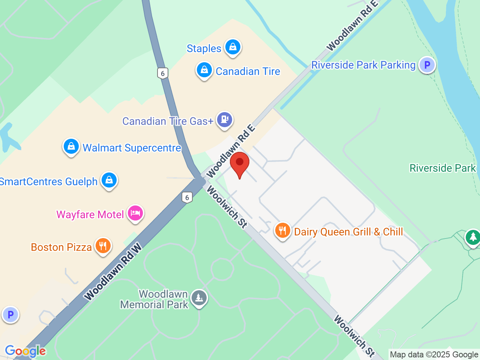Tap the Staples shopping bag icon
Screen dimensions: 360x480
click(233, 48)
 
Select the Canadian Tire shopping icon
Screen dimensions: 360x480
click(204, 70)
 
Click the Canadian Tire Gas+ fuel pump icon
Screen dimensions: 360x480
click(225, 120)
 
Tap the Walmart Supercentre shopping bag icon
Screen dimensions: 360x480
click(71, 147)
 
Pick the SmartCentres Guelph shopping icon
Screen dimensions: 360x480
click(109, 180)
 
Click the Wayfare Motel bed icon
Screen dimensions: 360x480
click(135, 214)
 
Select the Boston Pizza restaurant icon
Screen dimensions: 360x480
click(103, 246)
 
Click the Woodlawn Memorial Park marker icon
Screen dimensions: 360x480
click(199, 298)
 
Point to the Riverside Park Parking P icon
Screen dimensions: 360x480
click(427, 65)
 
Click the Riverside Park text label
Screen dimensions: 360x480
click(442, 168)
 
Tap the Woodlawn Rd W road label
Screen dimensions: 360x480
click(113, 272)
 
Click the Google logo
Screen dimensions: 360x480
click(25, 351)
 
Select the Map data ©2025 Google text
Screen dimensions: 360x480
click(434, 354)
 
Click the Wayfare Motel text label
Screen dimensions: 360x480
click(90, 214)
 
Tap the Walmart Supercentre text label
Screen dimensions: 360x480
click(132, 148)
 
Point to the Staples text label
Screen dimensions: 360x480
click(204, 48)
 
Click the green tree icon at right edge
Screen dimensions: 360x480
click(473, 237)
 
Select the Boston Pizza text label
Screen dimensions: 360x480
click(61, 247)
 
